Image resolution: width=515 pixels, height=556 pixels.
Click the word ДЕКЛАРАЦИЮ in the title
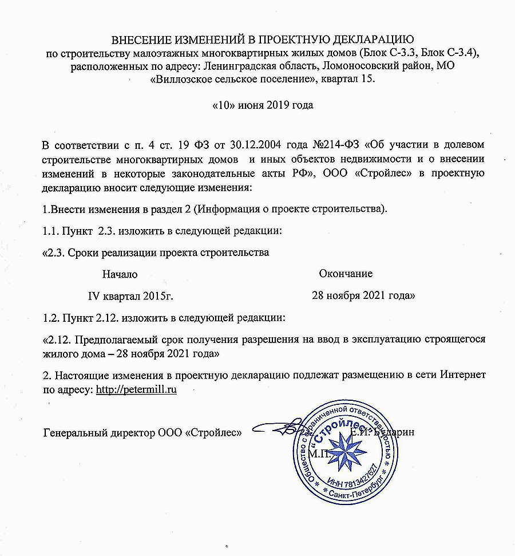(363, 40)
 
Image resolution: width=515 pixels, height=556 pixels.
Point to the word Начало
(120, 274)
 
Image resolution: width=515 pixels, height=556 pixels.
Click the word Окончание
(346, 274)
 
